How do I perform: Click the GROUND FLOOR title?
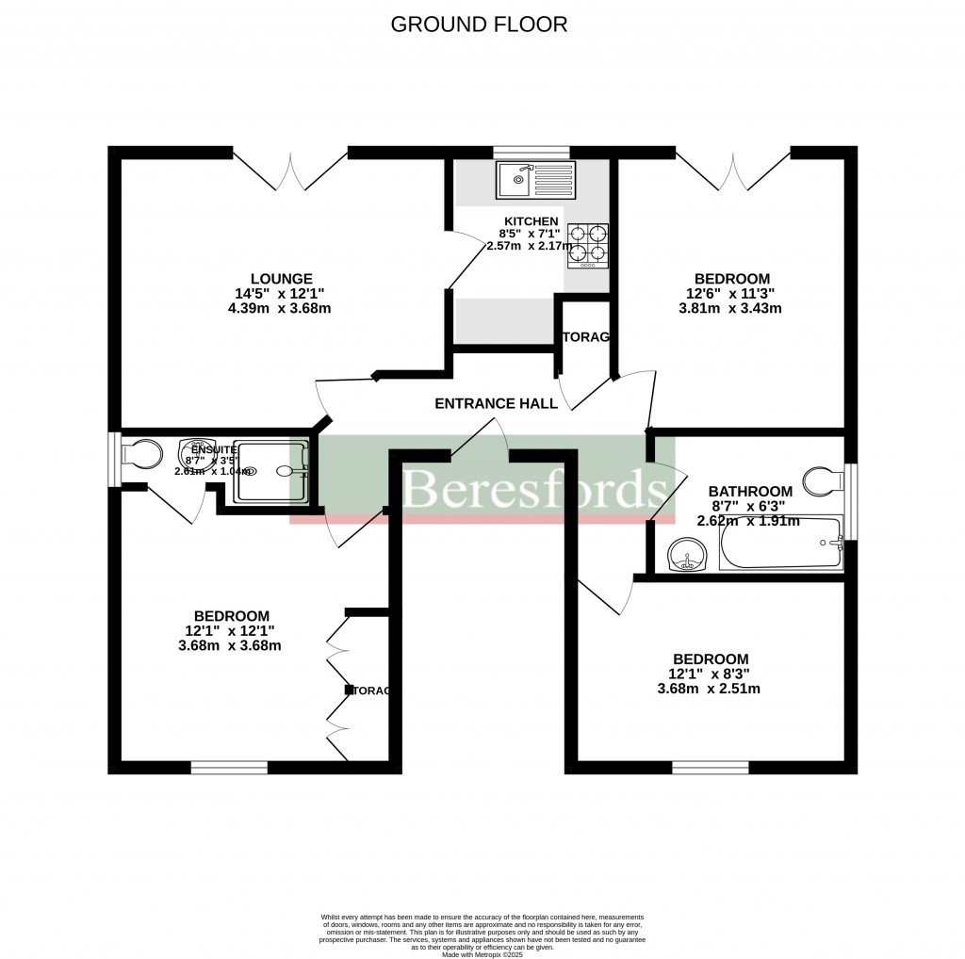(x=479, y=24)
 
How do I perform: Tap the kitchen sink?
(x=517, y=178)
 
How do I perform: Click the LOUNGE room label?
(x=281, y=278)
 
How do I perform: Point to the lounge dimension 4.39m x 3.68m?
(x=281, y=308)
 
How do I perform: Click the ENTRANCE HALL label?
(x=496, y=403)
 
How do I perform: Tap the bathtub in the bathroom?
(x=779, y=544)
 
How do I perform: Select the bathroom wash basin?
(x=688, y=557)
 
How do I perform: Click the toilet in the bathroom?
(x=826, y=480)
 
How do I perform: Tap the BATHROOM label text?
(x=750, y=491)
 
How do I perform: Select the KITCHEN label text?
(x=524, y=220)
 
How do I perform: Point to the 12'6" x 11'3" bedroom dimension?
(x=731, y=293)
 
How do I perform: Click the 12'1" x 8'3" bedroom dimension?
(x=710, y=674)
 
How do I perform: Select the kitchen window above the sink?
(x=532, y=152)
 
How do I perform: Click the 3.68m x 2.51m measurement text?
(x=709, y=689)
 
